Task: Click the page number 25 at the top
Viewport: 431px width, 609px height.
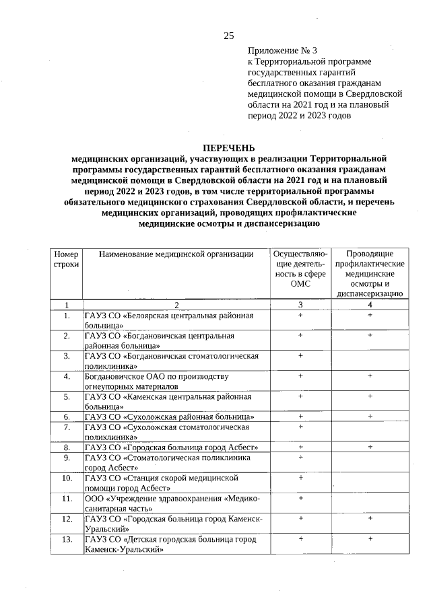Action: [228, 36]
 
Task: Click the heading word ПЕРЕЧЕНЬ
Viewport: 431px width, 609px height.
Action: [228, 148]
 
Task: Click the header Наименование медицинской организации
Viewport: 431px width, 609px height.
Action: [176, 254]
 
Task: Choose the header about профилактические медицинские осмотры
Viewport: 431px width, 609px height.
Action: [370, 273]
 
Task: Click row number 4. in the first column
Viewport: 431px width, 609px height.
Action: [67, 376]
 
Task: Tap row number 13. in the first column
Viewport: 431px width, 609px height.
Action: [67, 540]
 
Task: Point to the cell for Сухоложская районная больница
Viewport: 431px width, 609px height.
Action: [169, 417]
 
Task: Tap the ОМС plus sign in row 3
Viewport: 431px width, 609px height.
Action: [300, 355]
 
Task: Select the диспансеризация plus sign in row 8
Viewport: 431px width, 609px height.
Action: [370, 447]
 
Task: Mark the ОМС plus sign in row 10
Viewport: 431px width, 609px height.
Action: [300, 478]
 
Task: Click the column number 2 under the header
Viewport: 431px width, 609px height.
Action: [176, 305]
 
